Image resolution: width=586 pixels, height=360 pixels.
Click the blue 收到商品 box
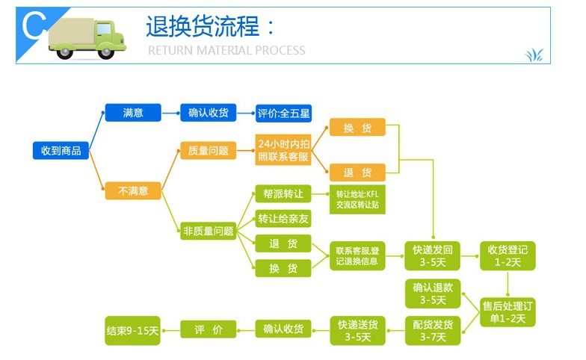pos(61,151)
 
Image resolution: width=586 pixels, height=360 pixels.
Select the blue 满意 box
pos(133,113)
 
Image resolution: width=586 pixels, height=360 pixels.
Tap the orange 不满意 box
pos(133,191)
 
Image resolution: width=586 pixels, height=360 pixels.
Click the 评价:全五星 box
pos(283,114)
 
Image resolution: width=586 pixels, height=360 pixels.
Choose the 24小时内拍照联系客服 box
pos(283,151)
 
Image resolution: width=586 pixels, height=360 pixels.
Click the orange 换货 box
pos(357,128)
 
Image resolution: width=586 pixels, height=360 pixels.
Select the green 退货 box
pos(283,243)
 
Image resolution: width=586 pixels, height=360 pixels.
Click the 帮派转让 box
pos(283,193)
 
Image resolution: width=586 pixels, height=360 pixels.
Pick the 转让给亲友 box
pos(283,219)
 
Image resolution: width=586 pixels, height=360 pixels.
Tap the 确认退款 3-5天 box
pos(433,294)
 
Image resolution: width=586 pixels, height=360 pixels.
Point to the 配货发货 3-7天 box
pos(433,331)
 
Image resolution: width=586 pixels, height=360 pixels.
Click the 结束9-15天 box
pos(133,330)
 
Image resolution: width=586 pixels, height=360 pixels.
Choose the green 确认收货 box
pos(283,329)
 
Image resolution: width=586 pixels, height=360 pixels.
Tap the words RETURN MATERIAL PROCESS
pos(226,51)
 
